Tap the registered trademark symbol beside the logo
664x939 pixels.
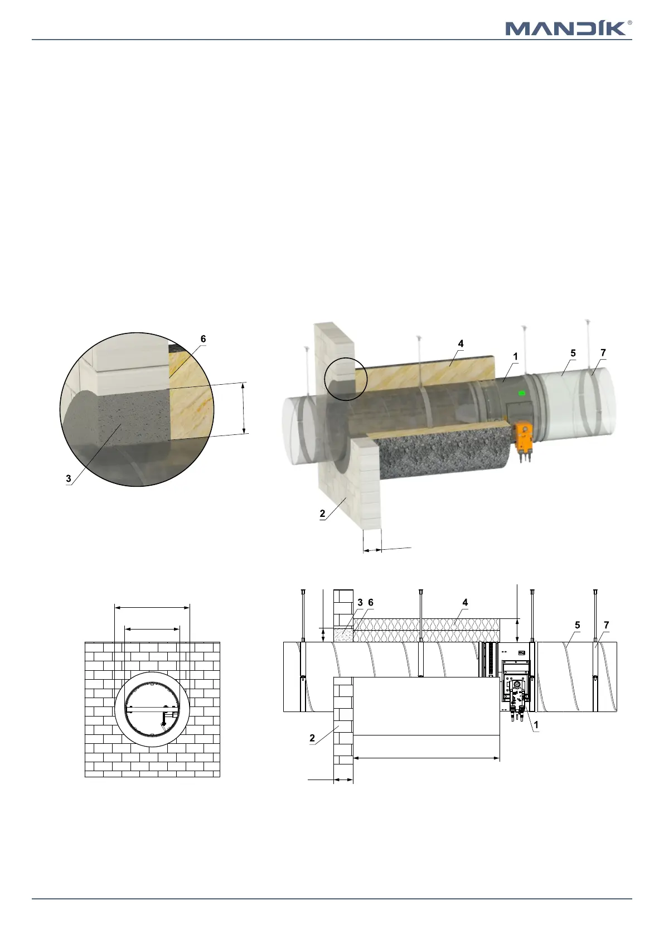pyautogui.click(x=629, y=23)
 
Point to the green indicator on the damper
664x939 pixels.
pyautogui.click(x=522, y=393)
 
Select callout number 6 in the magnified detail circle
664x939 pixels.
pyautogui.click(x=203, y=338)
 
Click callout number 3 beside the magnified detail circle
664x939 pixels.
pyautogui.click(x=69, y=479)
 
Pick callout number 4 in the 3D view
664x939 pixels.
pyautogui.click(x=461, y=343)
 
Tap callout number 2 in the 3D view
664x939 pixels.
pyautogui.click(x=322, y=513)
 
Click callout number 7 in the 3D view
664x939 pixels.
pyautogui.click(x=603, y=353)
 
